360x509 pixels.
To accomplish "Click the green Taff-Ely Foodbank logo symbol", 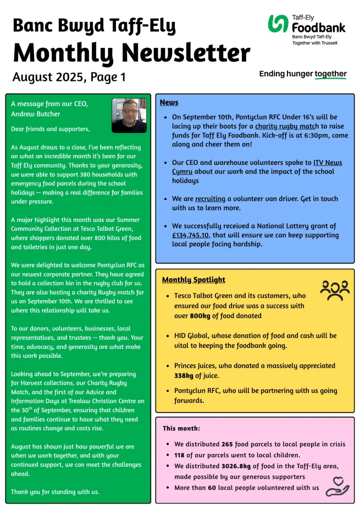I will click(x=278, y=24).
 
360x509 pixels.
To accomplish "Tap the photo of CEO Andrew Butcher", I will click(x=129, y=115).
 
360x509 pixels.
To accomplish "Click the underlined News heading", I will click(x=169, y=102).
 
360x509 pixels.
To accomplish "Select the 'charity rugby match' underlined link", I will click(x=287, y=126).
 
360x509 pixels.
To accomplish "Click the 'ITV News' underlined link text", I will click(x=328, y=163).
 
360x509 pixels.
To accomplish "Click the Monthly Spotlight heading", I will click(x=193, y=280).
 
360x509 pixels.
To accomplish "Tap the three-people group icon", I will click(x=334, y=290).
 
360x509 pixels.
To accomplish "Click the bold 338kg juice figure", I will click(x=184, y=375).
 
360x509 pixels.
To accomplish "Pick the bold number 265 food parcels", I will click(x=228, y=444).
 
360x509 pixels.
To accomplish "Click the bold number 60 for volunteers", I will click(x=212, y=488).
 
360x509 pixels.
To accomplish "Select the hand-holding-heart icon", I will click(x=337, y=486).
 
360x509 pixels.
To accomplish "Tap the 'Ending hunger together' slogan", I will click(x=303, y=74).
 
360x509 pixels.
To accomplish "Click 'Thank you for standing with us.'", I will click(x=56, y=491).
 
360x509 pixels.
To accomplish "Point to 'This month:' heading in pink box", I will click(x=181, y=428).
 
